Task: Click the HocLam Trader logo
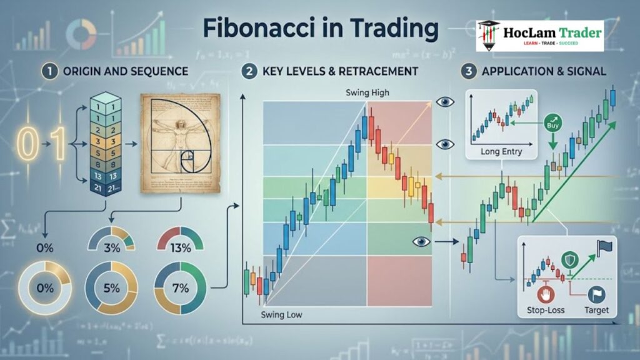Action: (539, 36)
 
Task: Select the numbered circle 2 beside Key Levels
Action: (249, 71)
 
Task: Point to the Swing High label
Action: (367, 93)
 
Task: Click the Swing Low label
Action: (281, 314)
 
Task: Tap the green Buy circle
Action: (552, 121)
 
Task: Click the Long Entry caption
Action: (502, 151)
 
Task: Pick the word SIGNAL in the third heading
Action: (586, 71)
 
